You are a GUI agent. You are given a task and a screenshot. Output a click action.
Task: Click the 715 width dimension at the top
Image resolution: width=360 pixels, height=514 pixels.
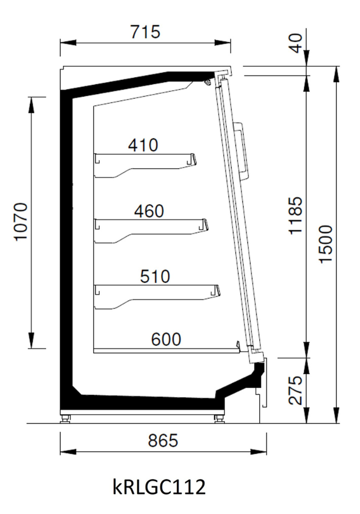(145, 32)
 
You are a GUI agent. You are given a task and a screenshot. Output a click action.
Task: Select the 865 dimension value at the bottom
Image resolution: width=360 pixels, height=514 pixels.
(163, 440)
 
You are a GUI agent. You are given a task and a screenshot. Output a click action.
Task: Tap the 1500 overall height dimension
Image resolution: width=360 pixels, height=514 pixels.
(326, 244)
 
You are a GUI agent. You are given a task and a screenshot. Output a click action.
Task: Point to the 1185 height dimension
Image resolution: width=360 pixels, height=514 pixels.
(295, 215)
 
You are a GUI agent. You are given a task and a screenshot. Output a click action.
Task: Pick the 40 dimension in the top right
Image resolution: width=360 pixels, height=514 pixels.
(297, 43)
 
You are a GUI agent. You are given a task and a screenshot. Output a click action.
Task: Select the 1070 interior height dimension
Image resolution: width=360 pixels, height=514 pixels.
(21, 222)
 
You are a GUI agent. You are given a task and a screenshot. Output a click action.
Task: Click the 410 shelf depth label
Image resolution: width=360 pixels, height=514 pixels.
(143, 145)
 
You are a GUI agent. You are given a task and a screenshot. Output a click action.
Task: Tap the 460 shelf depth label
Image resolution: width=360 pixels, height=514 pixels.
(149, 211)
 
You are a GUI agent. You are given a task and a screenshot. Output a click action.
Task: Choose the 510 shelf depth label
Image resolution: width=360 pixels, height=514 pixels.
(155, 276)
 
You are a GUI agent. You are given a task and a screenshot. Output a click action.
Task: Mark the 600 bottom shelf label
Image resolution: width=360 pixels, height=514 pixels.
(166, 339)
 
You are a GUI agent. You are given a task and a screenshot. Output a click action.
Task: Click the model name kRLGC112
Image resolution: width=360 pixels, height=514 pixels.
(159, 486)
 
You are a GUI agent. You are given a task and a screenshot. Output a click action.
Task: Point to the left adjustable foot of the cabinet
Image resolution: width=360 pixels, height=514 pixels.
(65, 418)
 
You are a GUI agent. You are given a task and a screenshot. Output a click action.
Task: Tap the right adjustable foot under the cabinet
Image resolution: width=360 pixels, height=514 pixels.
(219, 418)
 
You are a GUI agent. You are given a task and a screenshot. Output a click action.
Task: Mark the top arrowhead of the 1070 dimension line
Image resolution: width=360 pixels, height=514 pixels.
(31, 105)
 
